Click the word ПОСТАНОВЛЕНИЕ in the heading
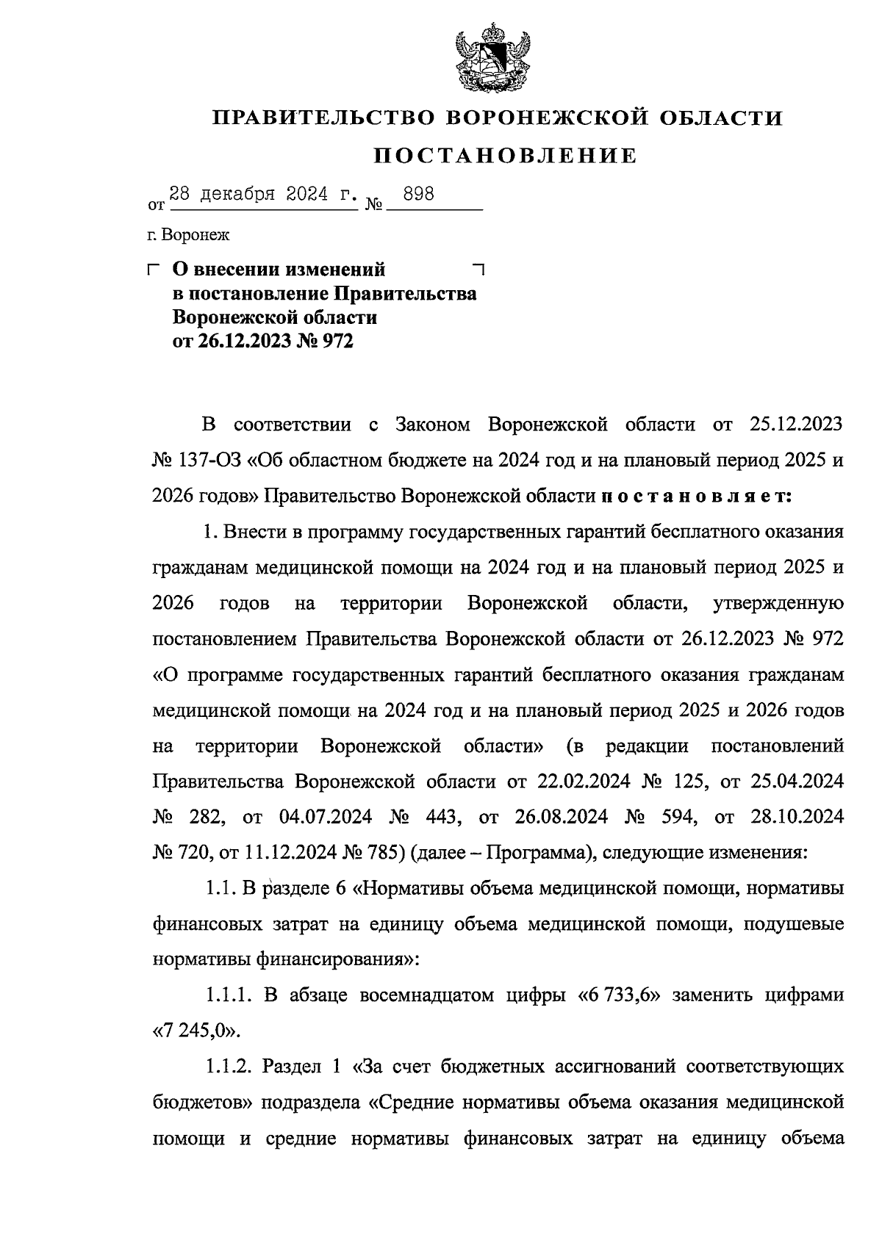(506, 156)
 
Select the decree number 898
(414, 195)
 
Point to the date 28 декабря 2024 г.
(263, 195)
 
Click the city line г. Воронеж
(187, 235)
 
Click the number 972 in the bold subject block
(335, 342)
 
